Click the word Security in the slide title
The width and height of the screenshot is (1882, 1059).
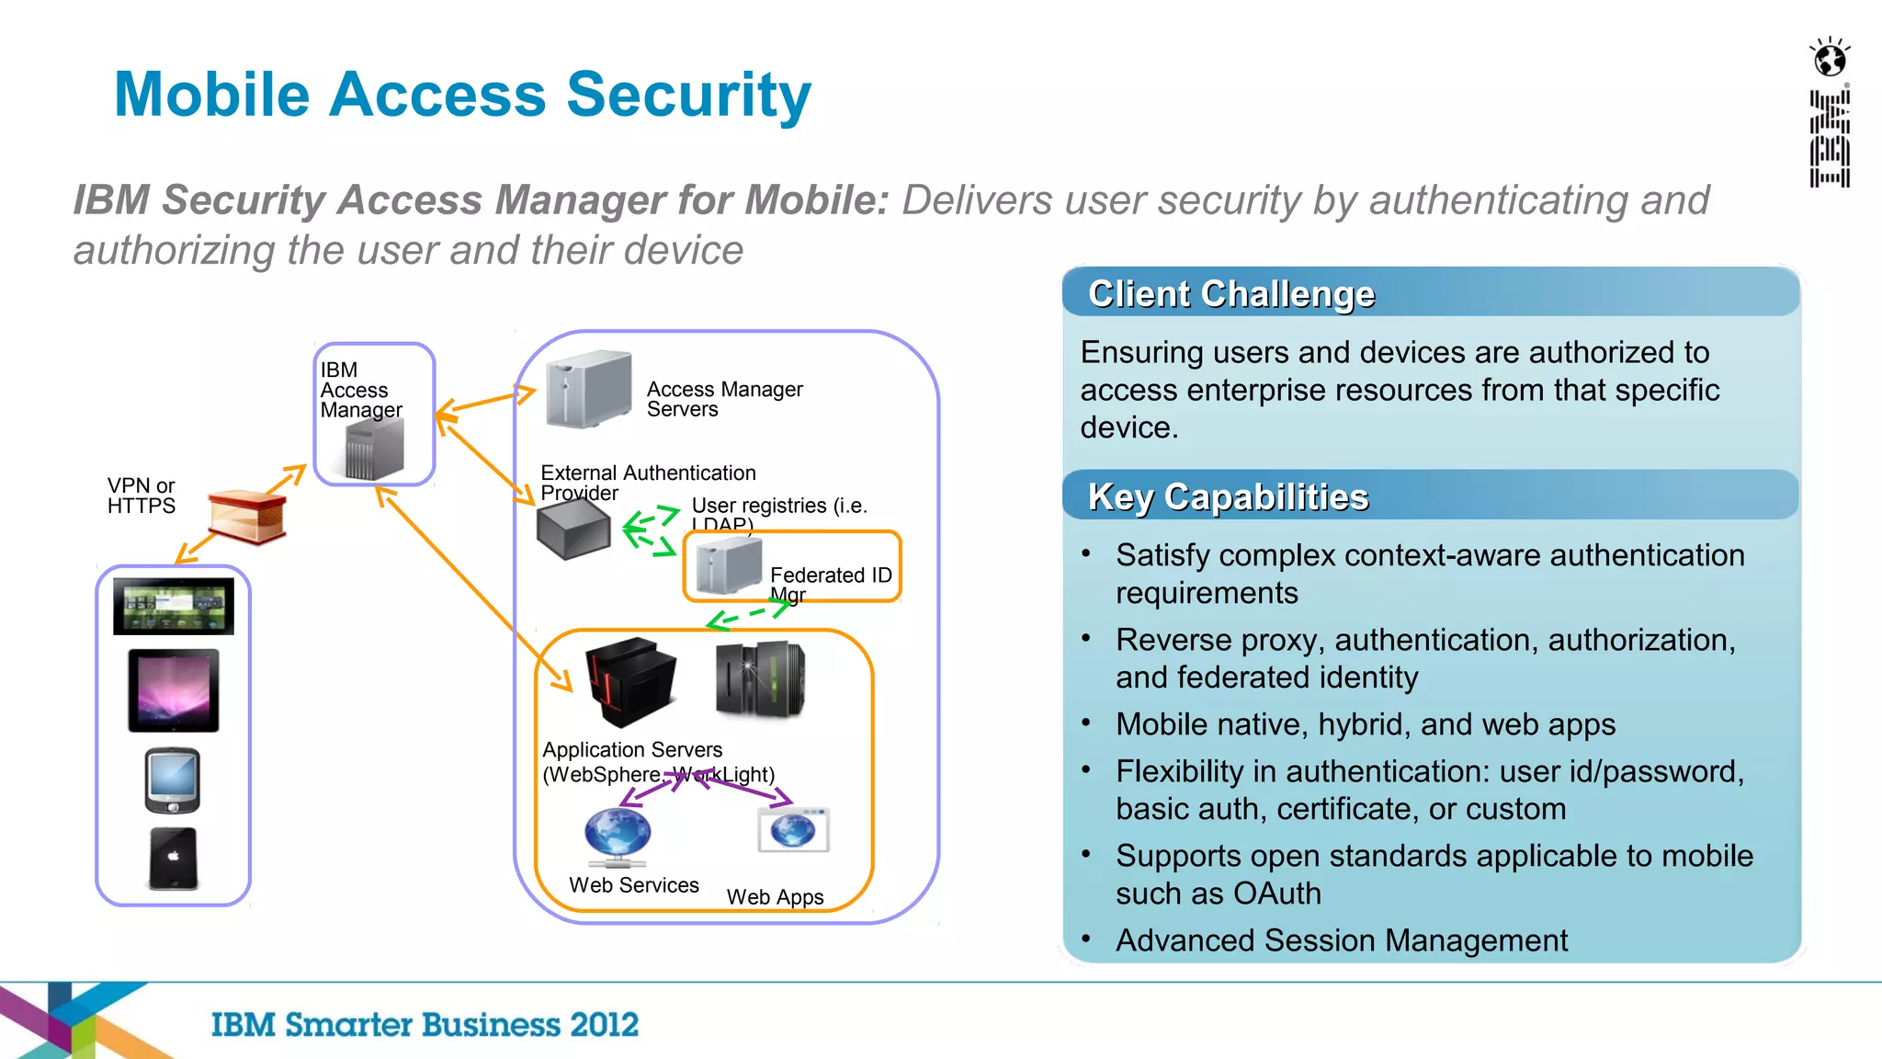point(688,95)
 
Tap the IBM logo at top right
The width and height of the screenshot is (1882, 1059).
point(1829,139)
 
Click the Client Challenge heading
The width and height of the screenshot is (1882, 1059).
point(1230,294)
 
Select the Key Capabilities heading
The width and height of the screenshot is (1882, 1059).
point(1228,497)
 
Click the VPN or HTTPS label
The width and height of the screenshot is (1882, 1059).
point(141,495)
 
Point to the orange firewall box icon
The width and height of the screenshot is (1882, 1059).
point(246,516)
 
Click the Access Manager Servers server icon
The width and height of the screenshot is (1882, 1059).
point(588,390)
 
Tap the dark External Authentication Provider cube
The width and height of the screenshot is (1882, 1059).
point(573,529)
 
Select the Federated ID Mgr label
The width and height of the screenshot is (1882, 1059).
point(830,575)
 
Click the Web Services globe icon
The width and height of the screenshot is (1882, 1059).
point(618,835)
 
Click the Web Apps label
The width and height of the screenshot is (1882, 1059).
point(775,897)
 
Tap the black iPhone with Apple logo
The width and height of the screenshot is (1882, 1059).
point(173,859)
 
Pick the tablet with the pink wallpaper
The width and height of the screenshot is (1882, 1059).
point(174,690)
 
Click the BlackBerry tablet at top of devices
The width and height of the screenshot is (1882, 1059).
point(174,606)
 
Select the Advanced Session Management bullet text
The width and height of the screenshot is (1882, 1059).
point(1341,940)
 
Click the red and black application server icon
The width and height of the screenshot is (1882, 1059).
point(630,680)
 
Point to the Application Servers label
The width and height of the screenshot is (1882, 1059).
point(632,750)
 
